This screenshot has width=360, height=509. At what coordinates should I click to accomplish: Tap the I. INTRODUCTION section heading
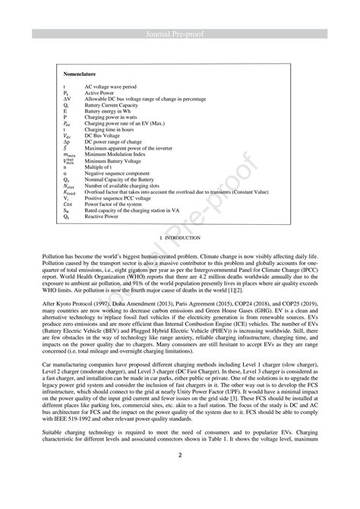180,239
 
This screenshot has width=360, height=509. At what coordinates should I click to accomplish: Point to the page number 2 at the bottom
180,456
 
